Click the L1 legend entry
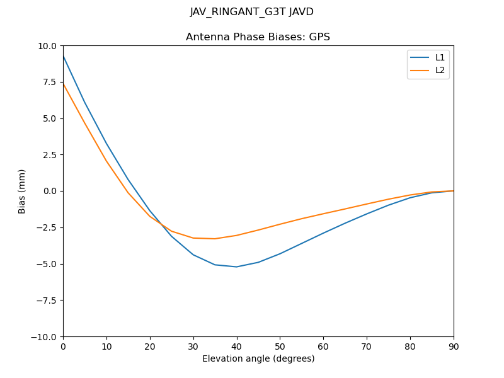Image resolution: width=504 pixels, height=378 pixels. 440,57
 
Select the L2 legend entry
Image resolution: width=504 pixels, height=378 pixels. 440,70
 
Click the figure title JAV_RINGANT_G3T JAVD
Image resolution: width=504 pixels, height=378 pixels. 252,12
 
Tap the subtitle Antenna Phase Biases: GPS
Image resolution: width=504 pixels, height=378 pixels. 258,37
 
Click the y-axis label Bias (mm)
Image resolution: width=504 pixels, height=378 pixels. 22,191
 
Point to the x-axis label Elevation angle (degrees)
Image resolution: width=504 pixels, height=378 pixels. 258,359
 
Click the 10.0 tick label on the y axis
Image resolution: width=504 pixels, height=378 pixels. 48,46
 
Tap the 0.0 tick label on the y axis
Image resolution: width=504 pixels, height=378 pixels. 50,192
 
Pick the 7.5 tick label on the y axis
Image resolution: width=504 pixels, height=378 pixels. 50,83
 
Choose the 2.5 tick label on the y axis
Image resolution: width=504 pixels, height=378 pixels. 50,155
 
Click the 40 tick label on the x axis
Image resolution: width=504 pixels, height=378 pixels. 236,346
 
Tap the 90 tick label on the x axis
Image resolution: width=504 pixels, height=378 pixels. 454,346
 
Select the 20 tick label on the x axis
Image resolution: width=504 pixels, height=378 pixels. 150,346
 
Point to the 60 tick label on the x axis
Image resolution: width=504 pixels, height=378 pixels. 323,346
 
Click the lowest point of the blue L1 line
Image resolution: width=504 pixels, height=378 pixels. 236,266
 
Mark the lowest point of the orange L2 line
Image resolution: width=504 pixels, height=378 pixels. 215,239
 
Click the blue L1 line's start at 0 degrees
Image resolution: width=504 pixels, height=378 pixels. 63,56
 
